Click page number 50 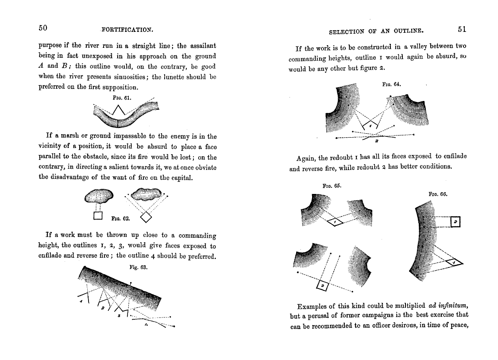(42, 28)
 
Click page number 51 (462, 29)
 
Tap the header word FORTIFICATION (127, 30)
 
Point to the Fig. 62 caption (120, 218)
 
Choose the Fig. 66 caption (438, 194)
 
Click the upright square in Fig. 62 (98, 216)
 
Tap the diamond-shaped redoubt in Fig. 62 (146, 217)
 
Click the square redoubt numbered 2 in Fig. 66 (455, 221)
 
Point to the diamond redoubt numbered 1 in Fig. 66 (454, 263)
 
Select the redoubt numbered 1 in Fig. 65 (335, 221)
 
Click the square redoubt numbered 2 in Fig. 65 (323, 286)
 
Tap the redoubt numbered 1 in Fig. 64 (371, 126)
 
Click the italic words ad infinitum (448, 306)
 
